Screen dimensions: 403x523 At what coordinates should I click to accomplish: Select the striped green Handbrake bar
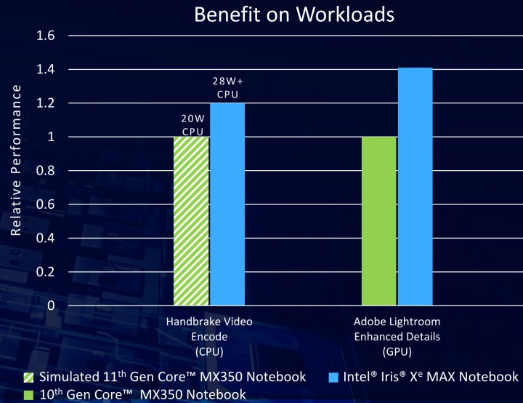tap(191, 221)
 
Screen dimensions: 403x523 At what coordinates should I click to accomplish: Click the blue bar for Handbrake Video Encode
tap(227, 204)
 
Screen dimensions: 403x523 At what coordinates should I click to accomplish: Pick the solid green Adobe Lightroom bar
tap(378, 221)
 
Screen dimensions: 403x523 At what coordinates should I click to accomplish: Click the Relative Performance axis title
tap(16, 159)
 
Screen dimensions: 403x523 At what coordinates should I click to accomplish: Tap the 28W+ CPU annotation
tap(227, 89)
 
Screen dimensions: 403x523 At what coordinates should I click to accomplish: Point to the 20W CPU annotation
tap(191, 124)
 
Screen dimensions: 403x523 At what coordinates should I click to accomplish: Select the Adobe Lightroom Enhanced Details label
tap(397, 337)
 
